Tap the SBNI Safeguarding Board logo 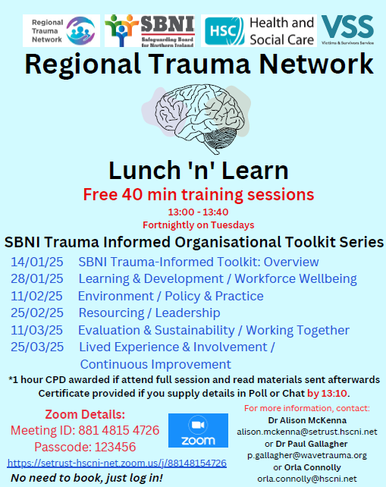click(149, 31)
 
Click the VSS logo click(347, 31)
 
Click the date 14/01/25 click(37, 262)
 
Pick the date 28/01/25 click(37, 279)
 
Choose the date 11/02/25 click(37, 296)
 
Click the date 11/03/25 click(37, 330)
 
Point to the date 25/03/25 click(37, 347)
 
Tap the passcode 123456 click(105, 447)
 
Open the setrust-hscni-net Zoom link click(117, 462)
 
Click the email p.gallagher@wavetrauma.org click(307, 455)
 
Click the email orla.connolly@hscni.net click(307, 479)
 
